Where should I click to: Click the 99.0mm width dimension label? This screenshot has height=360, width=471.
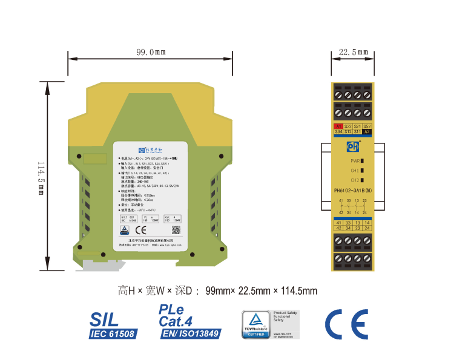pos(151,53)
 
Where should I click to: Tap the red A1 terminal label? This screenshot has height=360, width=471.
pos(339,126)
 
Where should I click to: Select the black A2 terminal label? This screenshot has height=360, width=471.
pos(367,131)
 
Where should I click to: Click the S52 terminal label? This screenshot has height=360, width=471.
pos(367,126)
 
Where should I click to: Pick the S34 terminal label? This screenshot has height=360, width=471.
pos(339,131)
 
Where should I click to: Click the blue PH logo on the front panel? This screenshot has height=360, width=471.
pos(353,146)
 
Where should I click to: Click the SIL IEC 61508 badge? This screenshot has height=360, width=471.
pos(113,326)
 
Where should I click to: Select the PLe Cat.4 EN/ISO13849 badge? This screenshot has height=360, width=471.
pos(189,322)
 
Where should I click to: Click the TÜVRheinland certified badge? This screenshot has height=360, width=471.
pos(256,325)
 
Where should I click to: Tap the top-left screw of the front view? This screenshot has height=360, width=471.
pos(339,96)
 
